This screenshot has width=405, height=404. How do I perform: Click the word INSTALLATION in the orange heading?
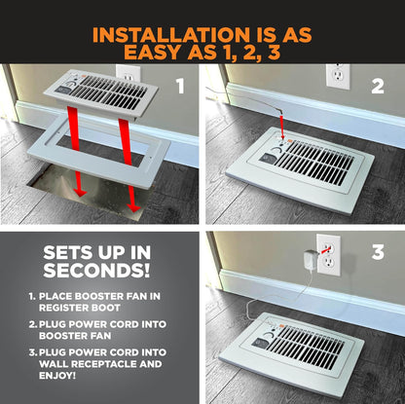[x=170, y=35]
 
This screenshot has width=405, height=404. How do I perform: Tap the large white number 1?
[x=180, y=86]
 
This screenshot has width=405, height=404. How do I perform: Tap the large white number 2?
[x=378, y=86]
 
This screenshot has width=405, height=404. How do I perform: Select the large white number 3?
[x=378, y=252]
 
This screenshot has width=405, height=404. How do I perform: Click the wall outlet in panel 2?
[x=338, y=76]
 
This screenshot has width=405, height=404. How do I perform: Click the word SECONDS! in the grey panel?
[x=96, y=270]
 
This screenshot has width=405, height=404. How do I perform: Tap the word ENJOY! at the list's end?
[x=57, y=376]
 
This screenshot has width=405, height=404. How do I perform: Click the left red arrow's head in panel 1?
[x=79, y=193]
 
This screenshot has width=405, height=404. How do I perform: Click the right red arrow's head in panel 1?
[x=133, y=208]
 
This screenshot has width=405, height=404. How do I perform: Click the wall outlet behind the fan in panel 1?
[x=129, y=74]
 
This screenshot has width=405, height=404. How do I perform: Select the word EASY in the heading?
[x=153, y=52]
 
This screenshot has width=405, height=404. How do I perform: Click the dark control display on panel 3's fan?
[x=260, y=343]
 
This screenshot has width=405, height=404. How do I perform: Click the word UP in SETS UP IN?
[x=111, y=253]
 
